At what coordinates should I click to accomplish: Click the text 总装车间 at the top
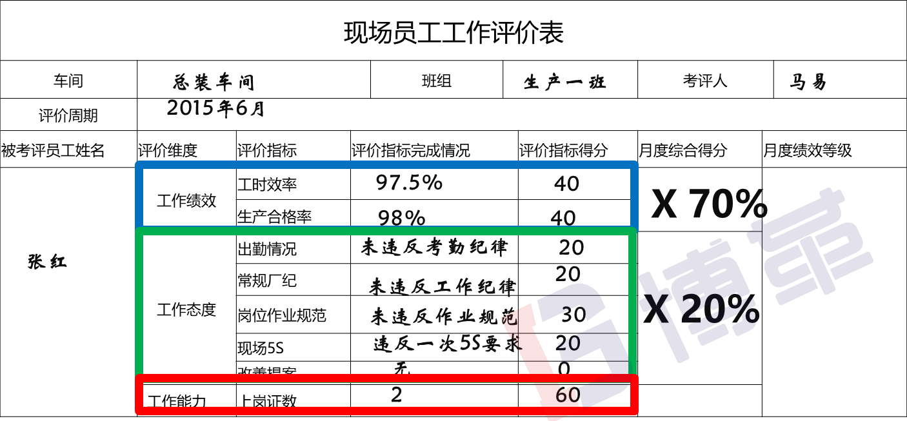(214, 83)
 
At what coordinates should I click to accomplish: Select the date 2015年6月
(215, 108)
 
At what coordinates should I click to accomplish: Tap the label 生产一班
(564, 83)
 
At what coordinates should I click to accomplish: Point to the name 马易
(808, 82)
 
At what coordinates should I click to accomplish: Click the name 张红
(47, 262)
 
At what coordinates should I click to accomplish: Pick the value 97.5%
(409, 182)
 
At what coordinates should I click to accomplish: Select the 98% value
(401, 218)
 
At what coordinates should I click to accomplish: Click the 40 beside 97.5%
(566, 184)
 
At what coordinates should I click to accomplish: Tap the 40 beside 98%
(563, 218)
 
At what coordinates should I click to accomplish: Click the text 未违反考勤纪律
(434, 247)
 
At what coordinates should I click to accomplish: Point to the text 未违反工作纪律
(442, 286)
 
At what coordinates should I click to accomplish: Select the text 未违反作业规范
(444, 317)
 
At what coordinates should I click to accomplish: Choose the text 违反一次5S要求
(447, 344)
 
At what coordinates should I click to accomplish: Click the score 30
(573, 315)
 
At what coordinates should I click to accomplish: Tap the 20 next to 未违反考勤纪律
(572, 248)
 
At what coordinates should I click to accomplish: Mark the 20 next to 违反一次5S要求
(568, 342)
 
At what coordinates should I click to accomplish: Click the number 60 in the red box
(568, 395)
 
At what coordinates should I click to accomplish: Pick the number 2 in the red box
(396, 395)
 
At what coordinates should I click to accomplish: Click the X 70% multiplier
(708, 205)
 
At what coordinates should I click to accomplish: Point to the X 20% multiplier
(702, 311)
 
